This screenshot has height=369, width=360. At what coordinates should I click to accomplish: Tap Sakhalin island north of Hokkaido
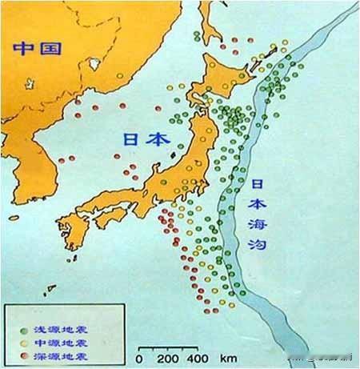coord(210,20)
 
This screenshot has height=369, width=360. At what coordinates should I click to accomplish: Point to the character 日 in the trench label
coord(258,183)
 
